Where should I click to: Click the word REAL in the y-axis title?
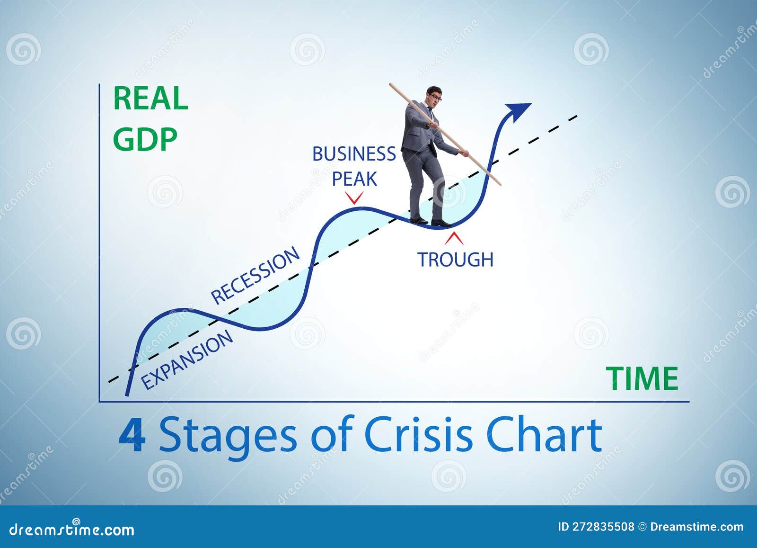150,99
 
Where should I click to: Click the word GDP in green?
145,139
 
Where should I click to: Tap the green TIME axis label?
642,379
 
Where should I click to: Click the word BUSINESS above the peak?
354,154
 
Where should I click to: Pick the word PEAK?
354,179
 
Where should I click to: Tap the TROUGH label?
455,259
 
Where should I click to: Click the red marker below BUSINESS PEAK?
354,198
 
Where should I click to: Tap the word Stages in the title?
228,436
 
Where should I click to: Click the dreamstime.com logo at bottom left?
71,529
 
